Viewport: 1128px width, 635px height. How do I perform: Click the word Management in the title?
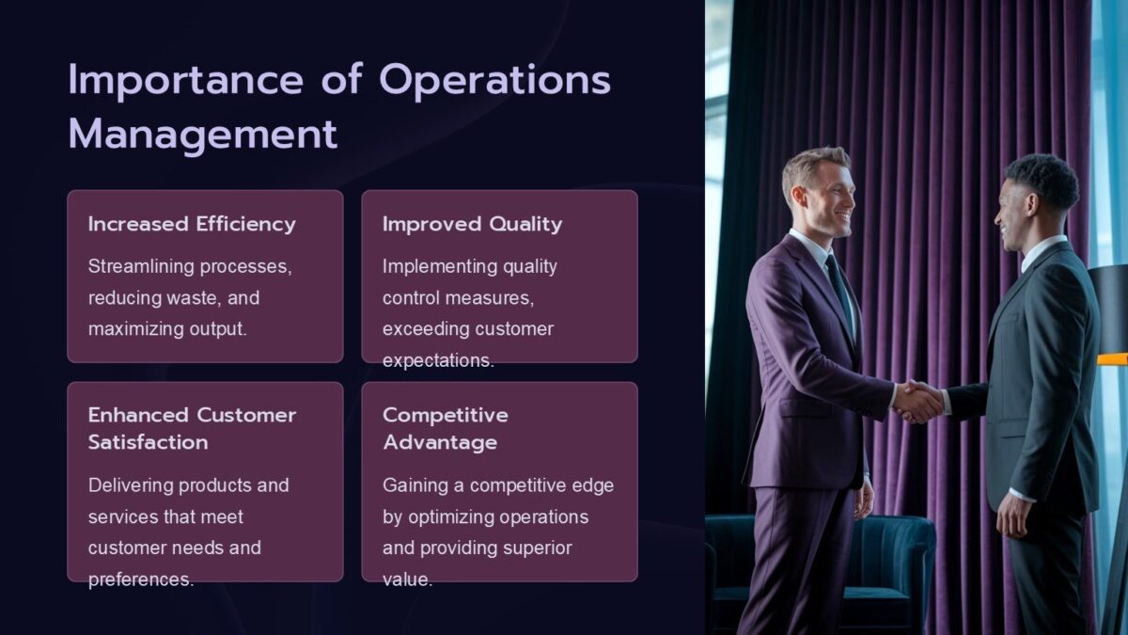coord(202,134)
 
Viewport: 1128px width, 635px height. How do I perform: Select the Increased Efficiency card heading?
coord(192,224)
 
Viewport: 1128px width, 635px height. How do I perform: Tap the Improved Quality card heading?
coord(472,224)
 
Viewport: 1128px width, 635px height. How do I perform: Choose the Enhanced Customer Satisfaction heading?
coord(192,428)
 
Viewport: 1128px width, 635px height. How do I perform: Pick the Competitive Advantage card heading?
coord(445,428)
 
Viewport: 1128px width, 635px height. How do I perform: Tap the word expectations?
coord(437,360)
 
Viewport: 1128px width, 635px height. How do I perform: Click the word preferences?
coord(140,579)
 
